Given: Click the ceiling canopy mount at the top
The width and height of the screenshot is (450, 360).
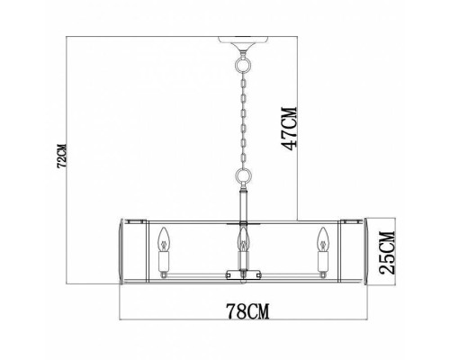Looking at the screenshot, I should click(x=242, y=42).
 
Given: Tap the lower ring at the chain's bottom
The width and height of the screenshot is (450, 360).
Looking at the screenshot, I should click(x=242, y=177).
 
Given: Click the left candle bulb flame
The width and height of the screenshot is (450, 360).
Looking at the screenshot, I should click(x=164, y=239).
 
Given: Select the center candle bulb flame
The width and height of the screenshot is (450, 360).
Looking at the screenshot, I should click(x=242, y=239).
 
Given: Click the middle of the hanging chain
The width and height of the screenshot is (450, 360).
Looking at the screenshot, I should click(x=242, y=121).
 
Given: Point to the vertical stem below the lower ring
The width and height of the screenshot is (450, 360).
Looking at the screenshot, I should click(x=242, y=202).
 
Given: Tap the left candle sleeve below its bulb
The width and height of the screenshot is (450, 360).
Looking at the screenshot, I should click(x=164, y=261).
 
